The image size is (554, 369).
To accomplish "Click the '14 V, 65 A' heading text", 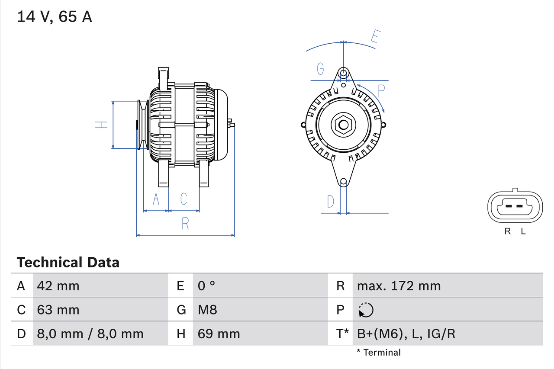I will click(x=55, y=17).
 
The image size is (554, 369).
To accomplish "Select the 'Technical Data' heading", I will click(x=68, y=262).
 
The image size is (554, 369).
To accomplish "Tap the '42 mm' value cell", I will click(x=58, y=286).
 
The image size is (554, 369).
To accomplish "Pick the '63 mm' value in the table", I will click(x=58, y=310).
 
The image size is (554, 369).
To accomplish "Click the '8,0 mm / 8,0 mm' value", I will click(x=90, y=334).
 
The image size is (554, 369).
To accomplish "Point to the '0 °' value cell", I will click(x=206, y=286).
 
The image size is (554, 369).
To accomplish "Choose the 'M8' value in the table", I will click(x=207, y=310).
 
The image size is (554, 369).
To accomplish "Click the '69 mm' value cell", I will click(x=219, y=334).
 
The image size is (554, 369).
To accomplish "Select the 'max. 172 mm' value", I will click(x=399, y=286).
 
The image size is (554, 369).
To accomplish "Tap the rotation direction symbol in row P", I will click(x=366, y=310).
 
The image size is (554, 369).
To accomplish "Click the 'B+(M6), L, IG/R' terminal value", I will click(x=406, y=334).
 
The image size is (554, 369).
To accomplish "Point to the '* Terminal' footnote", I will click(x=379, y=353).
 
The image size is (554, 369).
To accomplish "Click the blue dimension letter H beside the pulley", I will click(x=101, y=125).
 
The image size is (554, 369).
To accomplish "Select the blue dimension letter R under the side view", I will click(x=185, y=223).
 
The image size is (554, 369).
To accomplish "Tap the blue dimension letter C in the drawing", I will click(x=184, y=199).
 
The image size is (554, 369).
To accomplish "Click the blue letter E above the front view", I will click(x=374, y=37).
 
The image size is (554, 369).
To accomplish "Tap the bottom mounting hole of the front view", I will click(x=343, y=182).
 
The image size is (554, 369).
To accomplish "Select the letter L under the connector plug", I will click(x=523, y=231).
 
